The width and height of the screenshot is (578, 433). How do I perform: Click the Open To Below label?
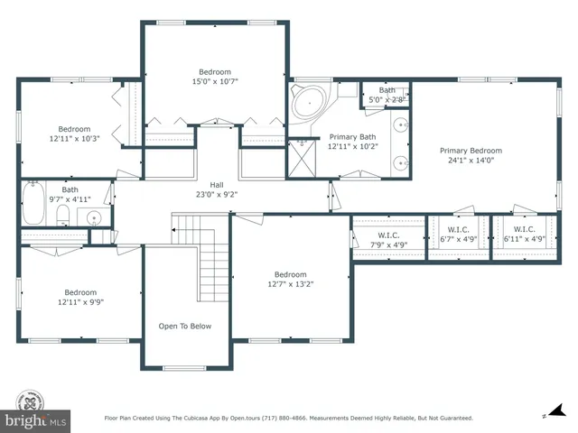[185, 326]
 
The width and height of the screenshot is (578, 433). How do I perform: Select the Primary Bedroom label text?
[471, 151]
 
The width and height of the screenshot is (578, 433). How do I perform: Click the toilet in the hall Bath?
[62, 215]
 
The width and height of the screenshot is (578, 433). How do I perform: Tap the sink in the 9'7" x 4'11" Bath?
[94, 216]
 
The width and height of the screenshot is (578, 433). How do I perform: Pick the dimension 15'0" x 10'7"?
[215, 81]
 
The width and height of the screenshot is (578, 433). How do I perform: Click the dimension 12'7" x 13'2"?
[290, 285]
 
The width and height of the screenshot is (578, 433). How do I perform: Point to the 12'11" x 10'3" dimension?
[76, 138]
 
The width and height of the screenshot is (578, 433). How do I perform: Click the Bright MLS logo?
[35, 410]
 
